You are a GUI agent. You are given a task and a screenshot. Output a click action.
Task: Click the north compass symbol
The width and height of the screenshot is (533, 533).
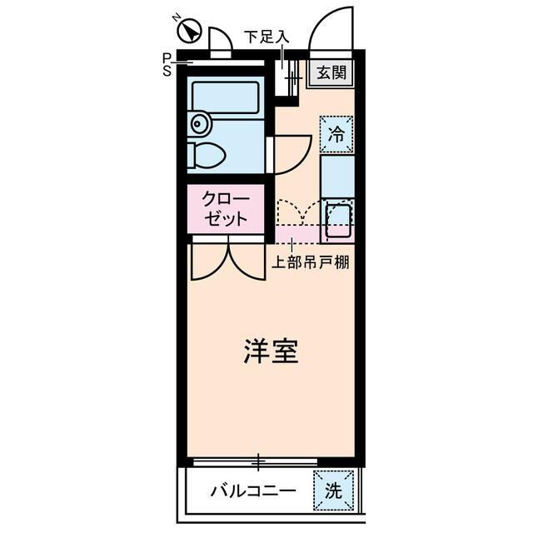[x=190, y=32]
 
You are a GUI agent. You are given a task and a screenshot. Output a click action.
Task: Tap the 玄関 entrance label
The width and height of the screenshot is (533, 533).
[x=331, y=72]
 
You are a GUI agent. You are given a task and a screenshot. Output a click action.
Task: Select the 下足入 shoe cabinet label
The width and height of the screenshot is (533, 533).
[x=266, y=36]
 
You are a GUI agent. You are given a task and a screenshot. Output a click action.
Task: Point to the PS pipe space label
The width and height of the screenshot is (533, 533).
[x=167, y=64]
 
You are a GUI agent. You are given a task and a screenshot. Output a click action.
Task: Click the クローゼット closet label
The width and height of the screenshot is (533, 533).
[x=226, y=211]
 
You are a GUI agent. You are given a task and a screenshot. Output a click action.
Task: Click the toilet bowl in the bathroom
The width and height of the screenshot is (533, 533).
[x=207, y=156]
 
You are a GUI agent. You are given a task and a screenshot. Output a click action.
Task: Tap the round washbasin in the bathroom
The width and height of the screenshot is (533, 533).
[x=198, y=124]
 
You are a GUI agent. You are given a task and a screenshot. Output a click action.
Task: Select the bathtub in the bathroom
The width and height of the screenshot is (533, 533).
[x=226, y=97]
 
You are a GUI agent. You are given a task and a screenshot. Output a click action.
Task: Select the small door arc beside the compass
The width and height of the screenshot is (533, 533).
[x=220, y=41]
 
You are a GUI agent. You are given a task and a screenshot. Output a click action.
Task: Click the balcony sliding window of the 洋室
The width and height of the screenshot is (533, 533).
[x=258, y=461]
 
